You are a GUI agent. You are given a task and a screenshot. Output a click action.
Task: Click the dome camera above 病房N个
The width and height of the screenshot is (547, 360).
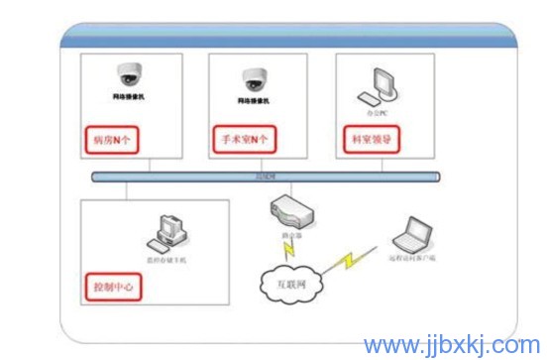point(129,74)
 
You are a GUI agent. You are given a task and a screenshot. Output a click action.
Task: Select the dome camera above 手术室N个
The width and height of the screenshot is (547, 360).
point(256,76)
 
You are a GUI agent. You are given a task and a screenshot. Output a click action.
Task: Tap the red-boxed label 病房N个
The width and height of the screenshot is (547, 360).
point(111,139)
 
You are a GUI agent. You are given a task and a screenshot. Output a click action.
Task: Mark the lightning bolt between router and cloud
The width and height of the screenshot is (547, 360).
point(285,249)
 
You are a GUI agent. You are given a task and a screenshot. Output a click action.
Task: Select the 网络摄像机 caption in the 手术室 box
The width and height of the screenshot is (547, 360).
point(255,101)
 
